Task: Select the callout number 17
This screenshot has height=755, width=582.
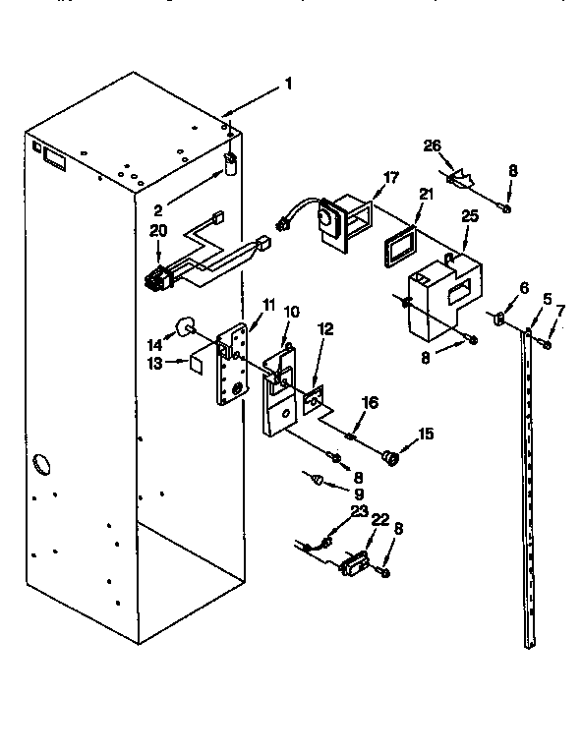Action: [x=391, y=178]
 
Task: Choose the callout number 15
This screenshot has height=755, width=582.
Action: [x=426, y=434]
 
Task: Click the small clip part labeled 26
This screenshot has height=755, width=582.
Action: [x=460, y=179]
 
